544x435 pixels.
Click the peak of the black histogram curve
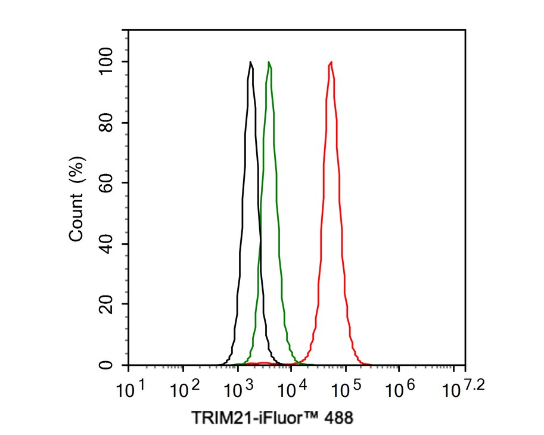250,62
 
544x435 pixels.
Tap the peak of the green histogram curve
269,62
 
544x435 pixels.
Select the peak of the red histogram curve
331,62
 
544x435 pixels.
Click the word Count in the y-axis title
76,220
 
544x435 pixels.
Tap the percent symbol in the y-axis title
76,170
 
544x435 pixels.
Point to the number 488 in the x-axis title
340,417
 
